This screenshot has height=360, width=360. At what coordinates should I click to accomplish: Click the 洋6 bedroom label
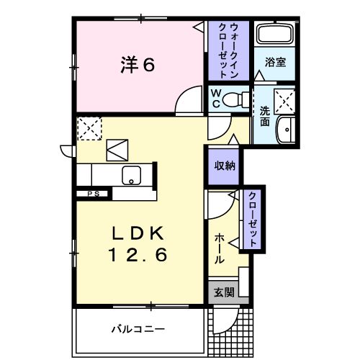pyautogui.click(x=138, y=66)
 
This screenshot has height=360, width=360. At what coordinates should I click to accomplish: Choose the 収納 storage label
pyautogui.click(x=223, y=165)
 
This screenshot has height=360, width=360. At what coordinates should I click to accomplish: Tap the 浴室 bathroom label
pyautogui.click(x=275, y=62)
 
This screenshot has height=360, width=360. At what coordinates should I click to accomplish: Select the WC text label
pyautogui.click(x=215, y=97)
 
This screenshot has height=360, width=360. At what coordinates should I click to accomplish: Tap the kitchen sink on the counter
pyautogui.click(x=132, y=174)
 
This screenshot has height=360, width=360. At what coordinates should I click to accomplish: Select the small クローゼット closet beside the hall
pyautogui.click(x=253, y=219)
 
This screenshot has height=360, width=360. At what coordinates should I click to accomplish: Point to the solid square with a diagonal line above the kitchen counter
pyautogui.click(x=117, y=150)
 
